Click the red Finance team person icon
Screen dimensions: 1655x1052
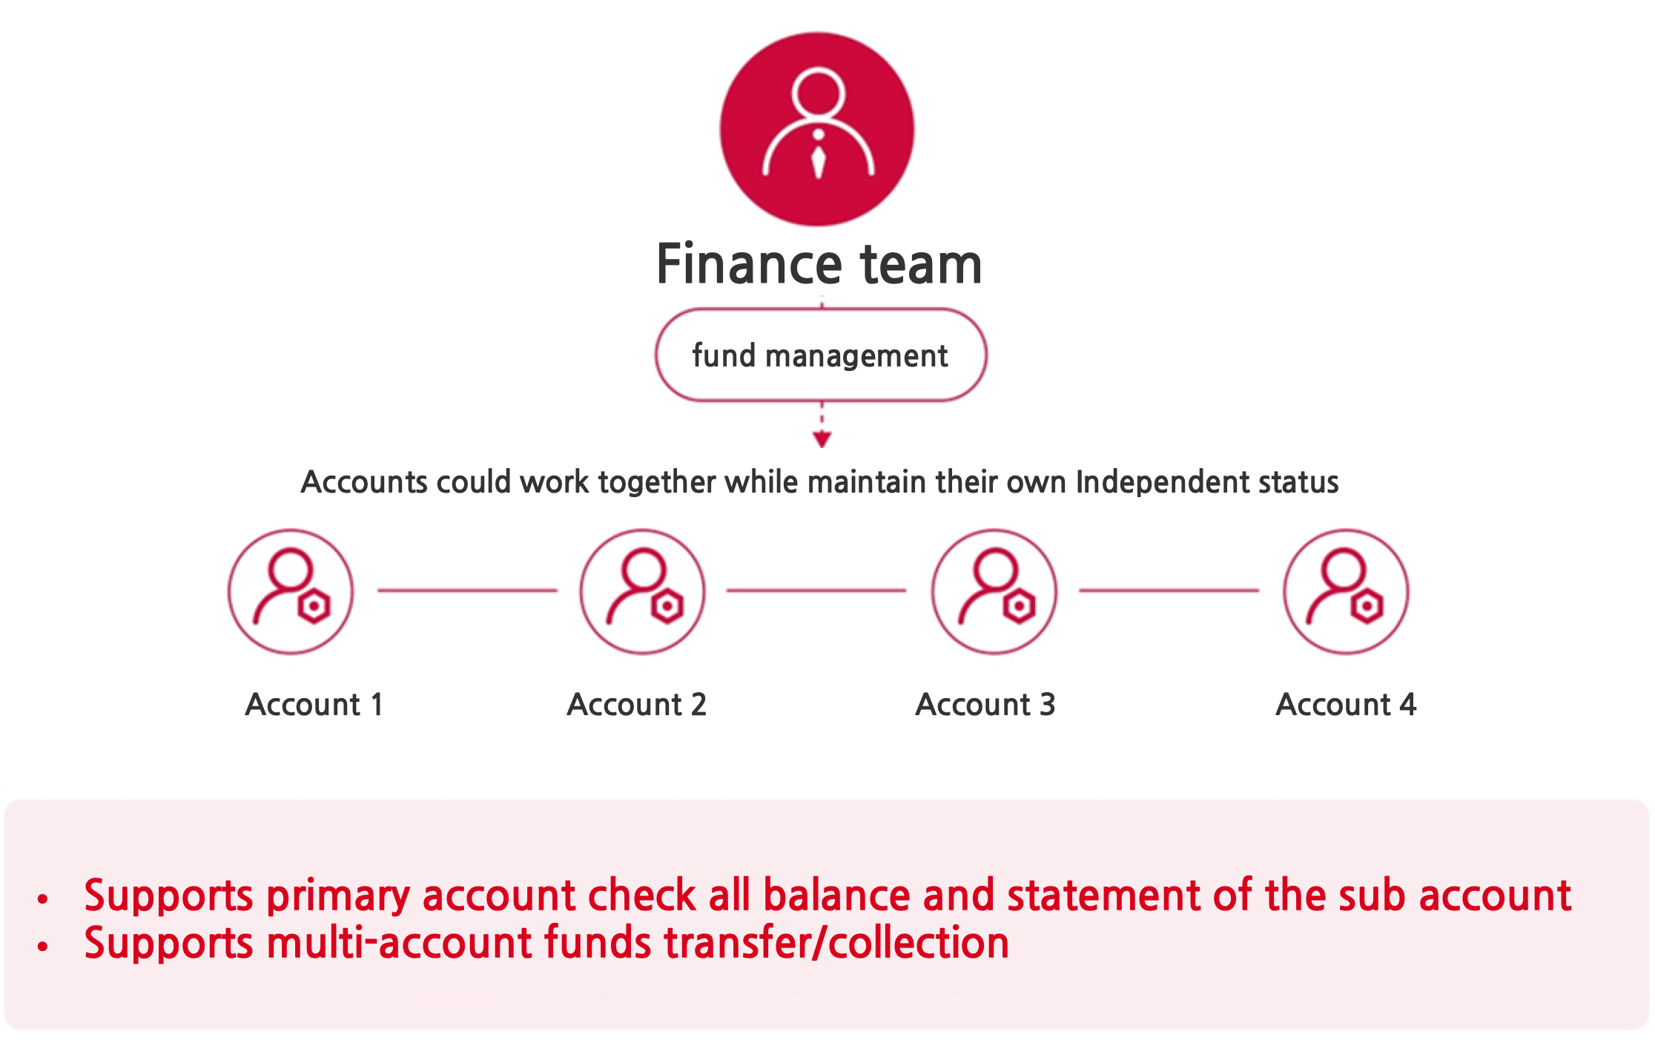(x=817, y=129)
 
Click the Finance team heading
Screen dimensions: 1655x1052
(x=819, y=264)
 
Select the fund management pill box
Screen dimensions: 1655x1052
(x=821, y=355)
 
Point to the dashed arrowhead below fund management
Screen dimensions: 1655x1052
(x=822, y=440)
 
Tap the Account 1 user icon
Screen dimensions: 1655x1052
(x=291, y=591)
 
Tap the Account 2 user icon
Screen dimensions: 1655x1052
(x=643, y=591)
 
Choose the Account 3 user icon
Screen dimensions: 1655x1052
(x=994, y=591)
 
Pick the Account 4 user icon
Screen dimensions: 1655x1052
(x=1346, y=591)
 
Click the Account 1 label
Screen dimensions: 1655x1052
(x=314, y=704)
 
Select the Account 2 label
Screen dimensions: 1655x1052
(x=637, y=704)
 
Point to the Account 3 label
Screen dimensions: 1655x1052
(x=985, y=704)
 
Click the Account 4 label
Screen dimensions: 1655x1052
(x=1346, y=704)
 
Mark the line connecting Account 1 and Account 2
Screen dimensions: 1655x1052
(x=467, y=591)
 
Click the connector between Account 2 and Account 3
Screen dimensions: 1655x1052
(x=816, y=591)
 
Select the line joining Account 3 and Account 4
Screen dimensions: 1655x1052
(x=1169, y=591)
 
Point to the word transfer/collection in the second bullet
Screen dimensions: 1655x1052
(x=836, y=943)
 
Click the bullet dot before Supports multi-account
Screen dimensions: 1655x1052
(x=42, y=946)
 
